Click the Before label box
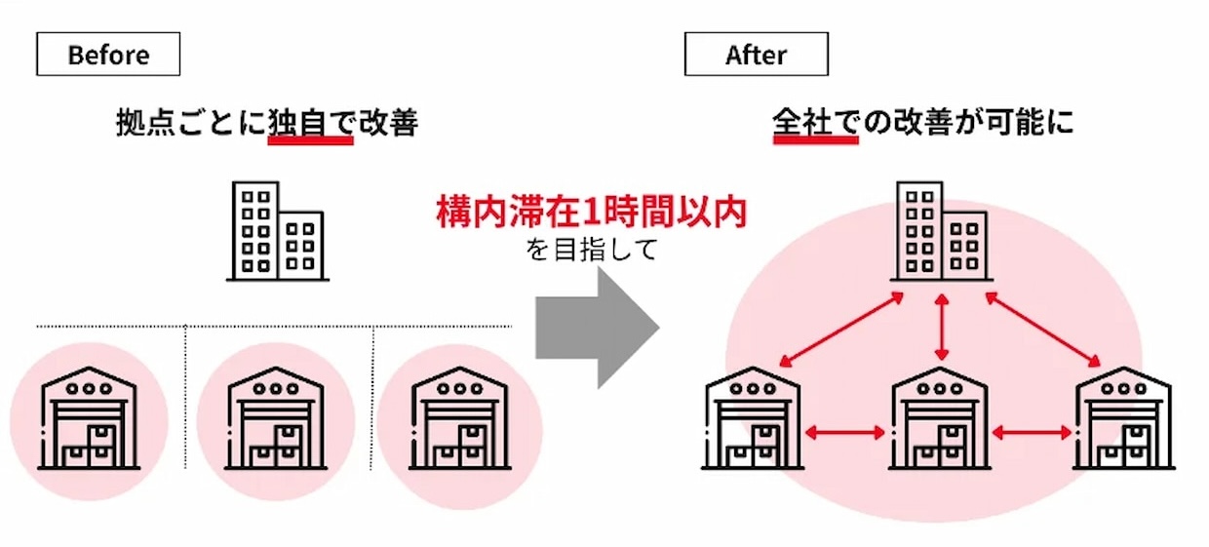click(108, 55)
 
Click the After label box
click(756, 55)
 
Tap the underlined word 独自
click(309, 124)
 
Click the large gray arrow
click(597, 327)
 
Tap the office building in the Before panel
click(277, 231)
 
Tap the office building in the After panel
click(940, 231)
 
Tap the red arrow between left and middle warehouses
click(846, 430)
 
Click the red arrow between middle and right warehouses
click(1032, 430)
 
